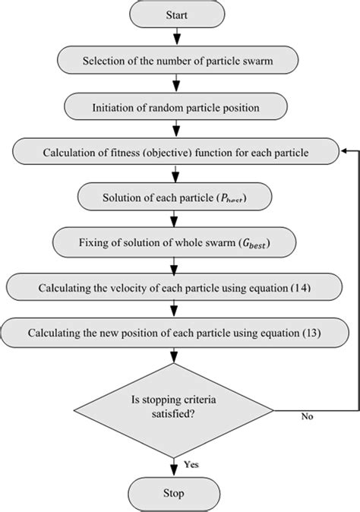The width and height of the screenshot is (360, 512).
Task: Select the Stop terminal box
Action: pyautogui.click(x=176, y=494)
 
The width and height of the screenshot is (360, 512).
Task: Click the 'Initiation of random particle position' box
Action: pyautogui.click(x=176, y=107)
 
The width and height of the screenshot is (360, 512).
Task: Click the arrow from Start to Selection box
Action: pyautogui.click(x=176, y=36)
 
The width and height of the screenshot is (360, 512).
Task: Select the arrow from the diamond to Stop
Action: pyautogui.click(x=176, y=463)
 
